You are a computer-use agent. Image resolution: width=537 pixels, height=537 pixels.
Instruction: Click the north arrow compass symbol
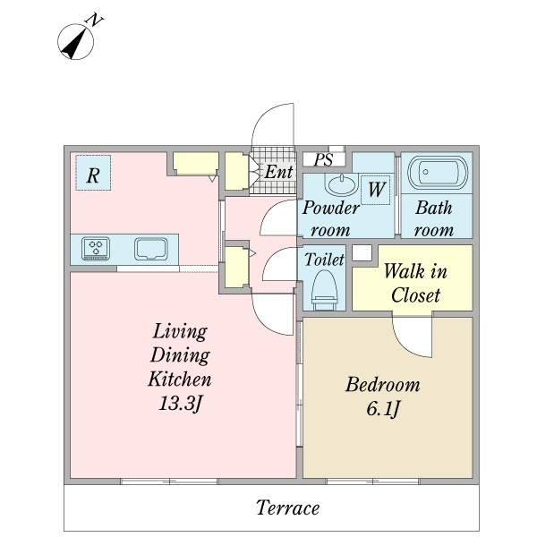[x=75, y=41]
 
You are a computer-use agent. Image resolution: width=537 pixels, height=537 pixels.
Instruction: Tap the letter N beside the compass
[x=95, y=21]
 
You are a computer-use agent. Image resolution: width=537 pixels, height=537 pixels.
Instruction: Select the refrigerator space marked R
[x=93, y=173]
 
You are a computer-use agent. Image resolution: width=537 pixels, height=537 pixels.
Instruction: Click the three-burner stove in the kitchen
[x=96, y=248]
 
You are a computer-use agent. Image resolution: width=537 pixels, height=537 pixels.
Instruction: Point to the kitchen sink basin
[x=151, y=249]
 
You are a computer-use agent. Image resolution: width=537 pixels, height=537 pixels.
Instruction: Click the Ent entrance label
[x=278, y=172]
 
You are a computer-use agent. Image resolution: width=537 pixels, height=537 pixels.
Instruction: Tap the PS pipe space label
[x=324, y=159]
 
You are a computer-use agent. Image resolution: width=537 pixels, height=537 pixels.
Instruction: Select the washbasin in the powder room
[x=342, y=184]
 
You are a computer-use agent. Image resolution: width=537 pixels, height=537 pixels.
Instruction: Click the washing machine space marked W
[x=376, y=190]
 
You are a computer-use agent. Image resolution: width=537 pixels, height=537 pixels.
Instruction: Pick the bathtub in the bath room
[x=437, y=173]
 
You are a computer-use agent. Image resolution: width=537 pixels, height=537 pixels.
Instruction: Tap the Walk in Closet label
[x=415, y=283]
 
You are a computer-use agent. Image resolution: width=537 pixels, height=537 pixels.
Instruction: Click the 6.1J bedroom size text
[x=383, y=408]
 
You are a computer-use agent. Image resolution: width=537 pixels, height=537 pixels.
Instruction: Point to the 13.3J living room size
[x=180, y=404]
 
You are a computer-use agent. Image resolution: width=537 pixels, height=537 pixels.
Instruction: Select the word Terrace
[x=287, y=507]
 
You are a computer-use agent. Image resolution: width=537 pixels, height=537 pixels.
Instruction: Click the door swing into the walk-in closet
[x=412, y=337]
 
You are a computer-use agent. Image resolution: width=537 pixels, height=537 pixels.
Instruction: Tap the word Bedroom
[x=382, y=384]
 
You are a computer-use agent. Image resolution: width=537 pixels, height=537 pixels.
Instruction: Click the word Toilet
[x=324, y=260]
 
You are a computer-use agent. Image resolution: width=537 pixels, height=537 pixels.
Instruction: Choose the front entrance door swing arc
[x=273, y=124]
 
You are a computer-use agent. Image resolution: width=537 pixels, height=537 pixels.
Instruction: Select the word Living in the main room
[x=180, y=331]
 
